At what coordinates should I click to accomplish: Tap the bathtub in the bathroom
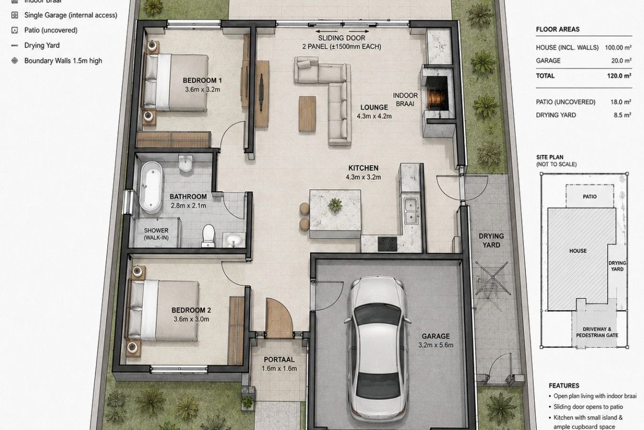(151, 188)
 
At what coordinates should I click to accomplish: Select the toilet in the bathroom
(208, 236)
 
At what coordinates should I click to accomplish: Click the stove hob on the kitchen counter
(387, 244)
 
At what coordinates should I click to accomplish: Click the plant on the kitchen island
(335, 205)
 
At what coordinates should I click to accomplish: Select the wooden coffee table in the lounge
(307, 114)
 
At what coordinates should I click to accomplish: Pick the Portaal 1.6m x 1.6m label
(279, 364)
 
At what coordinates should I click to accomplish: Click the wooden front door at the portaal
(279, 318)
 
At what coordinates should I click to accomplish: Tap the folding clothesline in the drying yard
(493, 278)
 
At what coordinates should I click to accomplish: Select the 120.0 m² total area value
(619, 76)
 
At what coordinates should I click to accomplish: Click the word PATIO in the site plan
(590, 196)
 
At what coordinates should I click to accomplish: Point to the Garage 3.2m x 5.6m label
(436, 340)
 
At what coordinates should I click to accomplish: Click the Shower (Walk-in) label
(156, 234)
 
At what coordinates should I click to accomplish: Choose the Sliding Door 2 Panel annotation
(341, 42)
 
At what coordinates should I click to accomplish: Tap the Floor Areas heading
(558, 30)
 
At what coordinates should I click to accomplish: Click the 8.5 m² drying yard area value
(623, 115)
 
